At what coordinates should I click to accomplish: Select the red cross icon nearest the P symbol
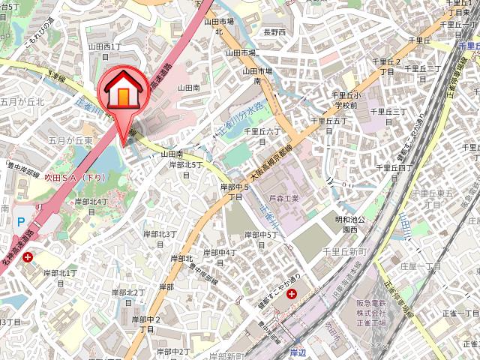click(28, 257)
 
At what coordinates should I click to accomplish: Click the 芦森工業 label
click(283, 198)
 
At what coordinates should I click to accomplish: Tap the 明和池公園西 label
click(350, 224)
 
